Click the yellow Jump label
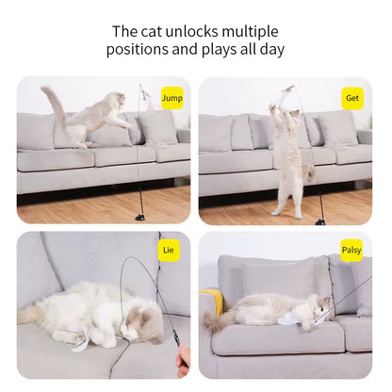click(x=172, y=97)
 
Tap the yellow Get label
click(x=352, y=97)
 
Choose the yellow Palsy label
click(x=352, y=251)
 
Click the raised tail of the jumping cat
click(x=53, y=104)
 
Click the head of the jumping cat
click(x=119, y=100)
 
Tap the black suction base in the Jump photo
click(x=139, y=218)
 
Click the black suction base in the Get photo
click(x=320, y=220)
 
